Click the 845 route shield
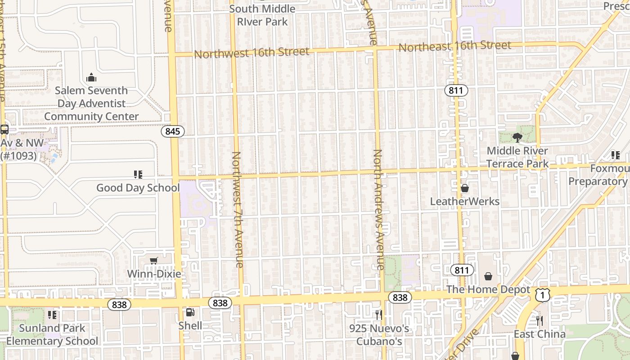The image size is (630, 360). (x=173, y=131)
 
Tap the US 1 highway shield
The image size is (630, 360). (x=543, y=295)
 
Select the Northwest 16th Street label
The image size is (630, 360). (x=252, y=53)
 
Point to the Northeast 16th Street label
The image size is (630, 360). (x=454, y=46)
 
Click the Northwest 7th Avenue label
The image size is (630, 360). (x=237, y=209)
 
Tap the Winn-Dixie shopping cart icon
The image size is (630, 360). (x=154, y=261)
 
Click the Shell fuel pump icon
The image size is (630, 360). (x=190, y=312)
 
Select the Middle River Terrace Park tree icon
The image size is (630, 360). (x=517, y=137)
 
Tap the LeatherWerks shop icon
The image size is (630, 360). (x=464, y=188)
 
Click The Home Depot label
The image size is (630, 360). (x=488, y=289)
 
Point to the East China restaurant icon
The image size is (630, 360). (x=540, y=321)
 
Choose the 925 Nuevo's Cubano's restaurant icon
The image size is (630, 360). (x=378, y=315)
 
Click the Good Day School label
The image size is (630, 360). (x=138, y=188)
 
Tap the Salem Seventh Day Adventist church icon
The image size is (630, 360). (x=91, y=77)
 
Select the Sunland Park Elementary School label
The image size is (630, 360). (x=52, y=334)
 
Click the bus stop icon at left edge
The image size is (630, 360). (x=4, y=130)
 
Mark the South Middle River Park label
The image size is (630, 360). (x=262, y=15)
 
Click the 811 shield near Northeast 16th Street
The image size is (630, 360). (x=456, y=90)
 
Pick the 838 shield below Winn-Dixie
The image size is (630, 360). (x=119, y=305)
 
